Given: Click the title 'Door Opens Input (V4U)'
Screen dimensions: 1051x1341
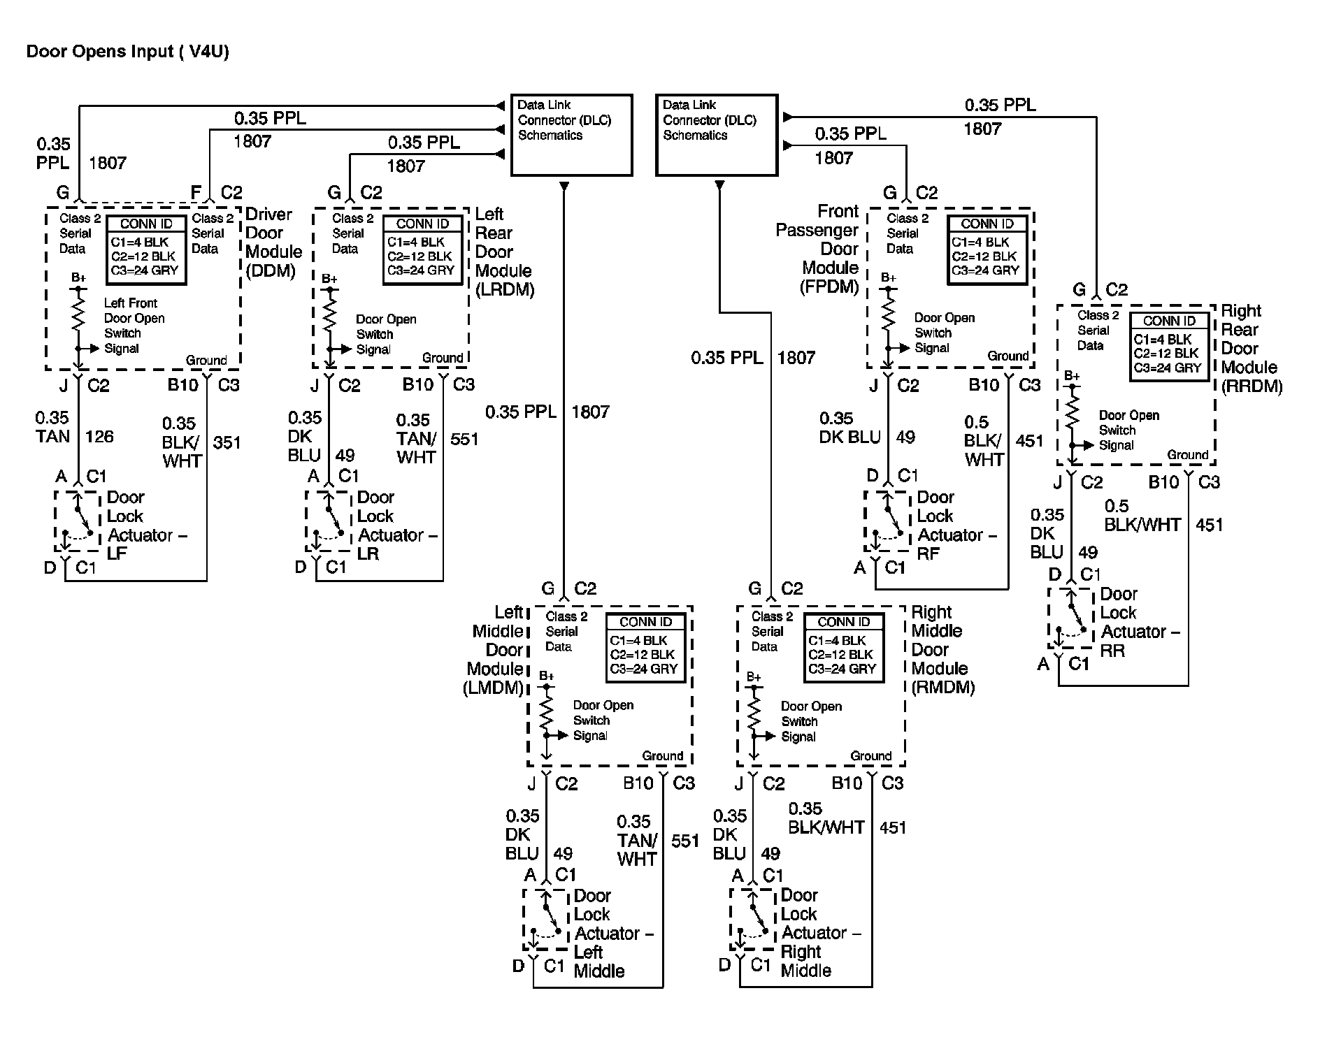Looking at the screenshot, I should [x=127, y=52].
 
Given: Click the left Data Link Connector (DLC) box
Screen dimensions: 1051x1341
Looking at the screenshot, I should [x=571, y=135].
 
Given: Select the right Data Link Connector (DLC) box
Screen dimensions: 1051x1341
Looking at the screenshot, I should [x=716, y=135].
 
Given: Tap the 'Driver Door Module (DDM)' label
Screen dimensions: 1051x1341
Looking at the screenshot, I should [x=273, y=242].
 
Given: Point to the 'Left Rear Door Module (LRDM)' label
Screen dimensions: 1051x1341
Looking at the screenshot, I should [x=503, y=252].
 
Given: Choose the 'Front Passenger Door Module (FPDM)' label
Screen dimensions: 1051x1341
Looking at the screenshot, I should [x=818, y=249].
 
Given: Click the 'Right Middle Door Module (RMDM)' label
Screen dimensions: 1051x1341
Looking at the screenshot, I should [x=942, y=650].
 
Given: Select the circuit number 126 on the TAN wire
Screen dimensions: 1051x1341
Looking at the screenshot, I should [x=99, y=437].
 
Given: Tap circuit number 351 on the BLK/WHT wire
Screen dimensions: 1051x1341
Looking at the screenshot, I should [x=227, y=442].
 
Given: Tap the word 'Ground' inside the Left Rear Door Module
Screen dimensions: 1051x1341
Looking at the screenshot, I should [x=442, y=358].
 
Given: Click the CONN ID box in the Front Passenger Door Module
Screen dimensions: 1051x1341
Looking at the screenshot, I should [x=987, y=250].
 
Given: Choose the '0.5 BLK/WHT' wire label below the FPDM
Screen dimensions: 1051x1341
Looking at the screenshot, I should [x=984, y=441].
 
